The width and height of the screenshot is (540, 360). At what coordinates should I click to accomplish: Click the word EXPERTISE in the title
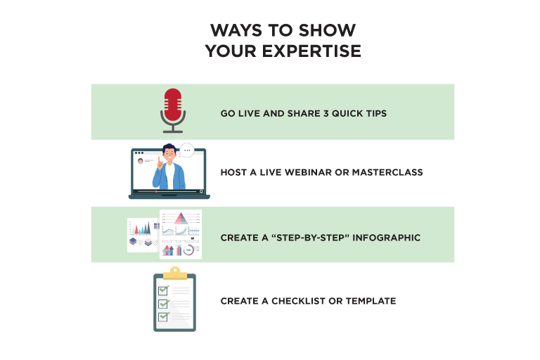(x=311, y=51)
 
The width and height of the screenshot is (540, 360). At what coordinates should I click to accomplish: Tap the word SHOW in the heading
(x=327, y=30)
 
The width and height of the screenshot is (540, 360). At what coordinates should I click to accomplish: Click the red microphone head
(x=173, y=105)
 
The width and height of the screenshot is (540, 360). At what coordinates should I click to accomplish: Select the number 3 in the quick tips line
(x=326, y=113)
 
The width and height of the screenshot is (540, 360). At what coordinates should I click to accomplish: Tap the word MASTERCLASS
(x=387, y=172)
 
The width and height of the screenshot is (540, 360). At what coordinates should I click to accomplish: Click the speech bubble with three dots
(x=187, y=150)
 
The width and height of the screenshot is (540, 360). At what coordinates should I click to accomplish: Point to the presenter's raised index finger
(x=159, y=160)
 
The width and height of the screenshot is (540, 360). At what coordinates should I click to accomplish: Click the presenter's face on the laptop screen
(x=169, y=155)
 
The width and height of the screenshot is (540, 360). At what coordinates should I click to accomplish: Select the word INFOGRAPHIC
(x=386, y=238)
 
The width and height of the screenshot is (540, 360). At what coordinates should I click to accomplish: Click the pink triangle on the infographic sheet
(x=181, y=219)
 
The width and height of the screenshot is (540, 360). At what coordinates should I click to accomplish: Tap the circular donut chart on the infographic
(x=188, y=250)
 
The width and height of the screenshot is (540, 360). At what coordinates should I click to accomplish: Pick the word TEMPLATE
(x=371, y=301)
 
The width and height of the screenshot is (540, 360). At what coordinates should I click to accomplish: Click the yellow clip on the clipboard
(x=175, y=274)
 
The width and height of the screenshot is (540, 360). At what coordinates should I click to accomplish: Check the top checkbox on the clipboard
(x=163, y=290)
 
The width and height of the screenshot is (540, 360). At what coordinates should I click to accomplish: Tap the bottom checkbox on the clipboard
(x=163, y=316)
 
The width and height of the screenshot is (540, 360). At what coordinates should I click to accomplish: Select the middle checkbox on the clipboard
(x=163, y=304)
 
